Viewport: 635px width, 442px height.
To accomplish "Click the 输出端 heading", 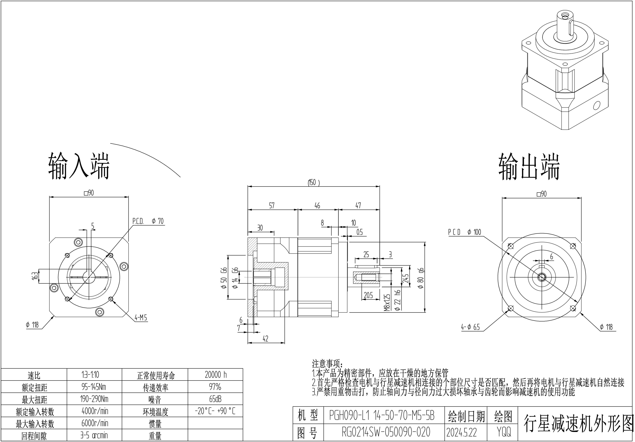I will pos(529,167).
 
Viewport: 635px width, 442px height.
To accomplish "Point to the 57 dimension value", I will pos(272,205).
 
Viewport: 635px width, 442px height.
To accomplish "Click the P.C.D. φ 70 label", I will pos(148,221).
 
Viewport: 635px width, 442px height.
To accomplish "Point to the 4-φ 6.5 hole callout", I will pos(470,327).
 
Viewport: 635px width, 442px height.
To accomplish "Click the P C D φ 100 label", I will pos(465,232).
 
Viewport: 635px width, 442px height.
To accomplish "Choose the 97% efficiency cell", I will pos(215,387).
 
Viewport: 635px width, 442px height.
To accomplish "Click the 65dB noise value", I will pos(215,399).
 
